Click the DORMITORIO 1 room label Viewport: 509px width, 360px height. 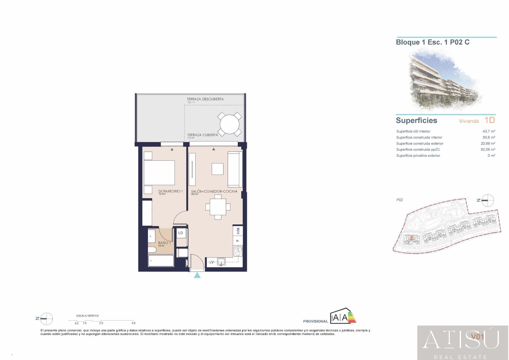(170, 191)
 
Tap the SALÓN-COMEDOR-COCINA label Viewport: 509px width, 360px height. (214, 191)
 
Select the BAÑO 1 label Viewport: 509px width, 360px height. (164, 243)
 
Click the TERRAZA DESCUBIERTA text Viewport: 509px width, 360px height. (205, 99)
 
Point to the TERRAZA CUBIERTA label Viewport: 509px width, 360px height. (203, 135)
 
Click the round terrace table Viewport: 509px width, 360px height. (230, 124)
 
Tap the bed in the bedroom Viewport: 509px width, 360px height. (159, 173)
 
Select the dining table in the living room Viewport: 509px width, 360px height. (218, 207)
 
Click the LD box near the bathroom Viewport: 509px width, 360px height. (181, 233)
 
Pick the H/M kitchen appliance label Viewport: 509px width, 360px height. (238, 231)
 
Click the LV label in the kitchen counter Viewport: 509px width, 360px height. (212, 262)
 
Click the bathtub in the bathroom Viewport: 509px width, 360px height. (161, 261)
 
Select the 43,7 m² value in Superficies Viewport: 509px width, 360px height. (489, 131)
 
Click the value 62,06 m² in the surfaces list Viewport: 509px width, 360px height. (488, 150)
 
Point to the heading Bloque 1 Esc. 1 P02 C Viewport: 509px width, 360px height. (432, 42)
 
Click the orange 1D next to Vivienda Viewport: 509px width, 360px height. (489, 120)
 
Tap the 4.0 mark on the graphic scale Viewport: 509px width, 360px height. (133, 323)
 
